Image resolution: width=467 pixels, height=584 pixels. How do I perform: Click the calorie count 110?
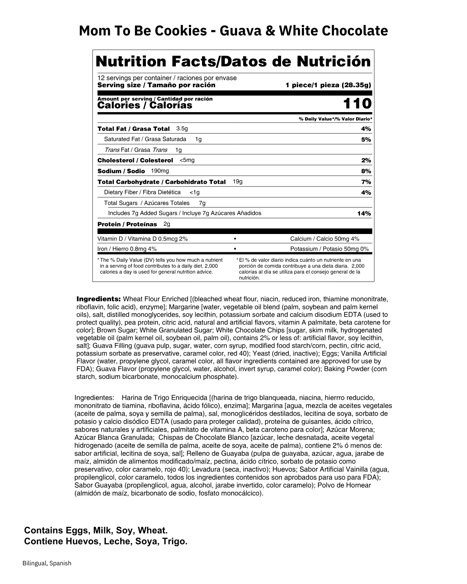(357, 104)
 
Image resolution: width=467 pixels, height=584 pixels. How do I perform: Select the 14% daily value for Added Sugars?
(364, 213)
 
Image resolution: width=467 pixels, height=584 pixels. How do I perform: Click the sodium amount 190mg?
(160, 171)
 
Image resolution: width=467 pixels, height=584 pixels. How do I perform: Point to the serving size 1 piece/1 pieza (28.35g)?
(328, 85)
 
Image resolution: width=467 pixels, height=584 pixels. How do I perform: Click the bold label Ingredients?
(99, 299)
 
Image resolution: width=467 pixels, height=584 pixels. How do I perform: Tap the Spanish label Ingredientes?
(94, 398)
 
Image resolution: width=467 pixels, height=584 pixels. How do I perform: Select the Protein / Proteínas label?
(127, 224)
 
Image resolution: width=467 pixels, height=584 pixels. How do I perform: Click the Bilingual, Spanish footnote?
(47, 563)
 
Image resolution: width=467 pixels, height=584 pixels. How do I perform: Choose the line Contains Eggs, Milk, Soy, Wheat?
(96, 530)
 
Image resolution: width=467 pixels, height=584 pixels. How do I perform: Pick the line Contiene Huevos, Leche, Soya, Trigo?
(105, 542)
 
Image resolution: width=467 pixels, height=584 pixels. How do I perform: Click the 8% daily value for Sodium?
(366, 171)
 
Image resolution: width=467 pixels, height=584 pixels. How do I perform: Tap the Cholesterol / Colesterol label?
(135, 160)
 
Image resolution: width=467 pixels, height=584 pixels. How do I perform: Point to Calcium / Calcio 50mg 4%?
(325, 239)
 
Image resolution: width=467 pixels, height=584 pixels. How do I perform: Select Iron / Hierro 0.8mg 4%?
(127, 249)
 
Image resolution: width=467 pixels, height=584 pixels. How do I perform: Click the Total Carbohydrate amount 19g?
(237, 181)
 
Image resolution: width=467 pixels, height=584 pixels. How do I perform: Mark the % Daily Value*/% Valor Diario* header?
(335, 119)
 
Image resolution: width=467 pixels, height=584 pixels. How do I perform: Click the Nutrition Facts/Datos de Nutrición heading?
(233, 62)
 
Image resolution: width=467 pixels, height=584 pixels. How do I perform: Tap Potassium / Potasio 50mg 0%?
(329, 249)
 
